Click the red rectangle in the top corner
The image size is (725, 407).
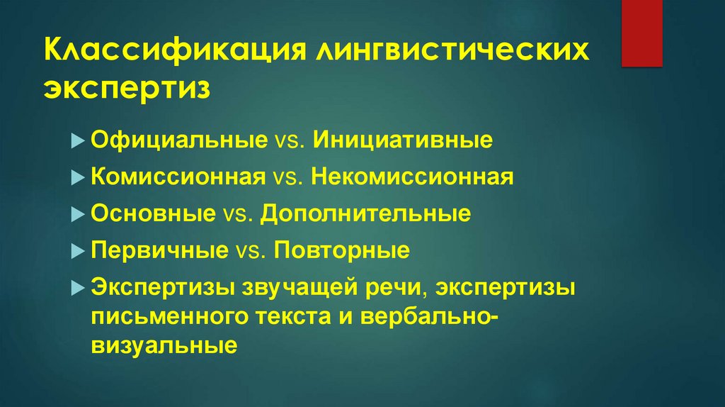(642, 33)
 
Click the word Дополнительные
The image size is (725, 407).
(365, 214)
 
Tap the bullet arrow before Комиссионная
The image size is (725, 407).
(78, 178)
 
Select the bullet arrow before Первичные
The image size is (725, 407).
(78, 252)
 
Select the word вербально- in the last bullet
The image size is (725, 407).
(430, 317)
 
